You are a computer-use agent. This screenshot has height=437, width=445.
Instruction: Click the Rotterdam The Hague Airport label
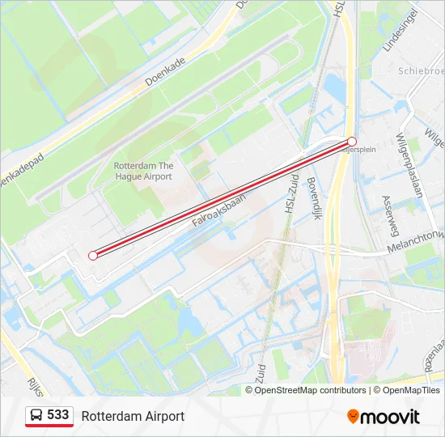pyautogui.click(x=143, y=171)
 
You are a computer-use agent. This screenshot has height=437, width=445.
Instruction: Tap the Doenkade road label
pyautogui.click(x=166, y=71)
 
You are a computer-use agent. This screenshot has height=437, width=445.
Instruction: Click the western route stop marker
pyautogui.click(x=93, y=255)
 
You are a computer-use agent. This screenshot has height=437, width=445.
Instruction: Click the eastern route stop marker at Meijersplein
pyautogui.click(x=352, y=142)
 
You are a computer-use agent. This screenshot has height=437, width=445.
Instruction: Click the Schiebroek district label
pyautogui.click(x=421, y=71)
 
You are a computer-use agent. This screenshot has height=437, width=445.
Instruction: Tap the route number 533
pyautogui.click(x=57, y=415)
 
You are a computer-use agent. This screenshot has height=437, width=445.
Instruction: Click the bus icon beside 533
pyautogui.click(x=36, y=416)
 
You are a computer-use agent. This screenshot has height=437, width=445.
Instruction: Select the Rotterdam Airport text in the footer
pyautogui.click(x=133, y=416)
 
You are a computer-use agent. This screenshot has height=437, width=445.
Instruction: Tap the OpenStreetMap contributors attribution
pyautogui.click(x=311, y=390)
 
